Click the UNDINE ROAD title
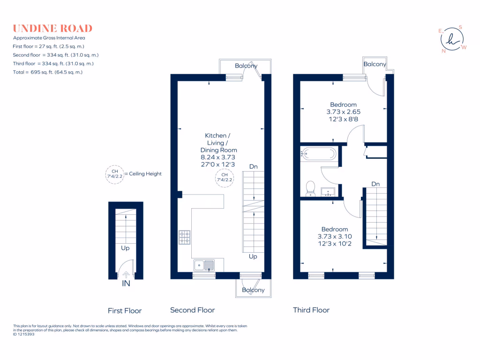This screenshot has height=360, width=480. pos(52,28)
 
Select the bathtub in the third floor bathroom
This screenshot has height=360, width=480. pos(319,154)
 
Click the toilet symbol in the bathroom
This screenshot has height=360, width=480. pos(310,188)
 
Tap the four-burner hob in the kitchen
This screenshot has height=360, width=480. pos(184,237)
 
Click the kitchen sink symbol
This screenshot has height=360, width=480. pos(204,266)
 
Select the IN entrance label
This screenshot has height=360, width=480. pos(126,283)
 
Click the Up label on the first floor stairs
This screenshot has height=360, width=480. pos(125,248)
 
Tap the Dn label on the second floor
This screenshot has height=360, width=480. pos(253,166)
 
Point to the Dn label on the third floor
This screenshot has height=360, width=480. pos(375,184)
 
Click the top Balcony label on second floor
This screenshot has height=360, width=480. pos(246,66)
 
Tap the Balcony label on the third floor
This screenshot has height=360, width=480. pos(375,64)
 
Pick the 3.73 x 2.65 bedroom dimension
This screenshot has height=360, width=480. pos(343,112)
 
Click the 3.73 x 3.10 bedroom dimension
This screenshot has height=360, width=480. pos(335,237)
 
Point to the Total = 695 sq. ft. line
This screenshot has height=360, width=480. pos(48,72)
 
